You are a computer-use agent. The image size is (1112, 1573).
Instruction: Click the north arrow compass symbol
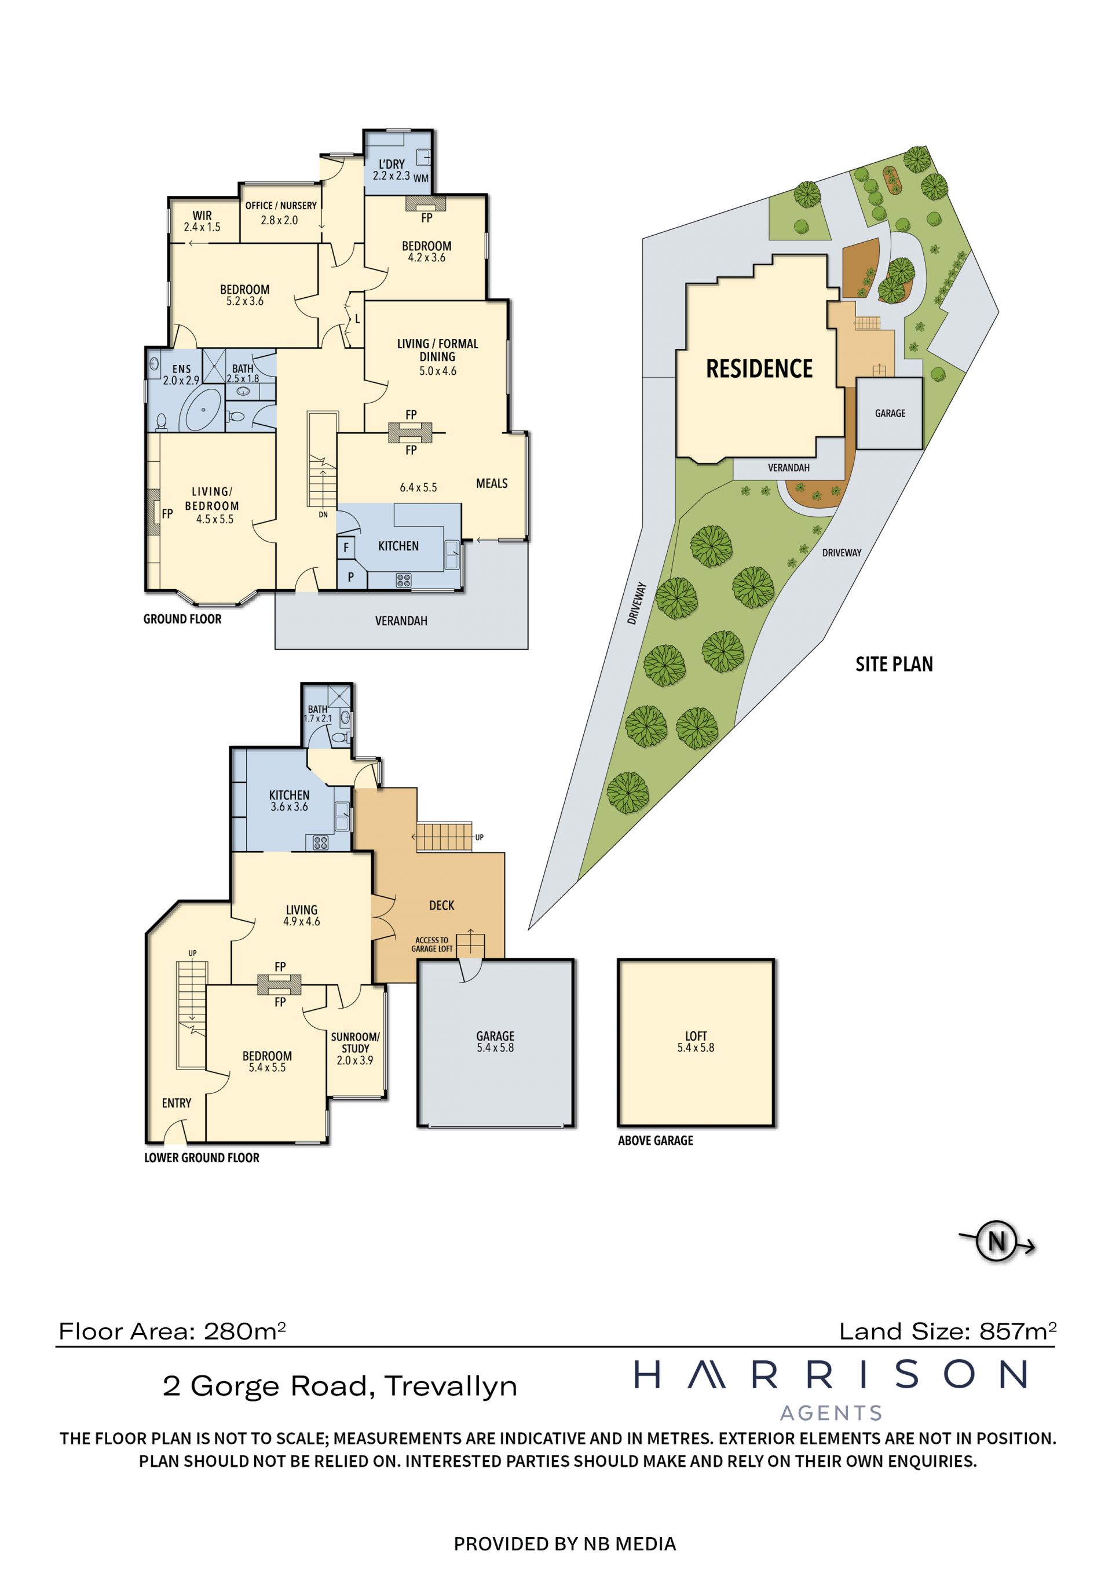(x=997, y=1240)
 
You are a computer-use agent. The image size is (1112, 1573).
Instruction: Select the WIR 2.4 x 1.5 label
(x=202, y=221)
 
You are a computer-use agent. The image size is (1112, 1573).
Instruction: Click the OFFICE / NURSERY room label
(x=281, y=206)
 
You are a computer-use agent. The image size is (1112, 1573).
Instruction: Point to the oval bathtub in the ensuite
(x=203, y=410)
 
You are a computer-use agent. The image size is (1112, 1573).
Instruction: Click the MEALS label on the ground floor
(x=492, y=483)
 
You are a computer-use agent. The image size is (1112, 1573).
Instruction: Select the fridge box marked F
(x=346, y=548)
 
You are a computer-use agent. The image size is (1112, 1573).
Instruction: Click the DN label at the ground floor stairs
(x=323, y=514)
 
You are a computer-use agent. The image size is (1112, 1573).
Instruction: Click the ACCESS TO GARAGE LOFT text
(x=431, y=945)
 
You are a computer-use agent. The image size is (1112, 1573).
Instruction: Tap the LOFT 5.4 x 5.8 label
(x=696, y=1041)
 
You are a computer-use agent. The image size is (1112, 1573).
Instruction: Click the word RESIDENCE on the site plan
(x=759, y=368)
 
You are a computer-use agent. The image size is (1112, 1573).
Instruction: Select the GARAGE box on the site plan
(x=890, y=413)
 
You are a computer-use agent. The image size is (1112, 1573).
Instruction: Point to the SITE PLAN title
(x=894, y=664)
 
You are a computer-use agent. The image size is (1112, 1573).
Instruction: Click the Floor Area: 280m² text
(x=172, y=1331)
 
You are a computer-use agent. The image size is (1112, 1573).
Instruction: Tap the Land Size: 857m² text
(x=948, y=1331)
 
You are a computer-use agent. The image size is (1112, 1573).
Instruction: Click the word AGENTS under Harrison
(x=831, y=1413)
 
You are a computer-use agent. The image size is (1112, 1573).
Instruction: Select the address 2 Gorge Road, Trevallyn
(x=339, y=1386)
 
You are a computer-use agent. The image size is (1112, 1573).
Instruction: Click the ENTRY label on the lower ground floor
(x=177, y=1103)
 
